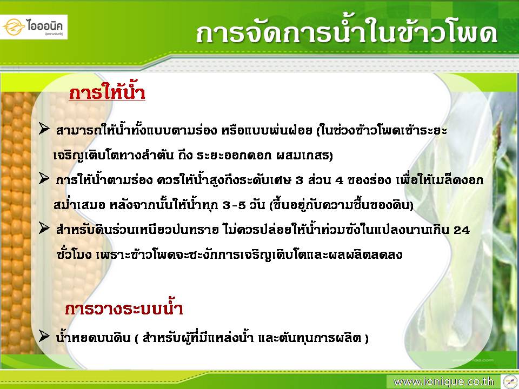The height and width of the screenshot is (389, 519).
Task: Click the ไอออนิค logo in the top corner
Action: click(34, 27)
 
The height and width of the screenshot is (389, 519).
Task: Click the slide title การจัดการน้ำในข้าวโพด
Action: click(347, 33)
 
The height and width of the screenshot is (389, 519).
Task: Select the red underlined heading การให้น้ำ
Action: click(107, 92)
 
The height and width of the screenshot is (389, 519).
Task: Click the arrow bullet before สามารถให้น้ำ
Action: click(44, 129)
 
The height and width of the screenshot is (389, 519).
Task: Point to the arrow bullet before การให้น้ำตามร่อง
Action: click(44, 178)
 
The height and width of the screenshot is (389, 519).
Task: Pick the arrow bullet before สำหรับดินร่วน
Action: click(44, 228)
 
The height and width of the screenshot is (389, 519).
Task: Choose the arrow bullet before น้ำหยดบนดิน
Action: click(44, 336)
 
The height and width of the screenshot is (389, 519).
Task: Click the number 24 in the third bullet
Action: click(461, 230)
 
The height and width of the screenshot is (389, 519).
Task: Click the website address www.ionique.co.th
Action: click(443, 382)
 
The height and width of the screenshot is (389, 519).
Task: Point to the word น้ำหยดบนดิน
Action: click(93, 337)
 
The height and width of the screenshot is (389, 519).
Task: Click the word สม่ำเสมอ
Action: click(79, 205)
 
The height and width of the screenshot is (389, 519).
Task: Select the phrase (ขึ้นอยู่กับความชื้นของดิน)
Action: click(342, 205)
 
